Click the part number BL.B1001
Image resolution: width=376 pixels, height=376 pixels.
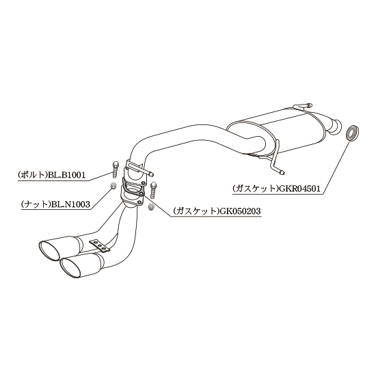point(67,175)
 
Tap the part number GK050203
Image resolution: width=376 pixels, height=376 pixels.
point(240,211)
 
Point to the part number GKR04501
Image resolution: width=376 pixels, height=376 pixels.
point(298,189)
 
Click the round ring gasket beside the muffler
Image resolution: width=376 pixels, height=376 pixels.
point(353,133)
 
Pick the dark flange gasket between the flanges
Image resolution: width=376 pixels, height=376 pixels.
point(133,187)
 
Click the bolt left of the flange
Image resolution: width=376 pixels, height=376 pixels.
point(115,170)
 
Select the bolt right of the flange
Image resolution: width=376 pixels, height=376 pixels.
point(153,190)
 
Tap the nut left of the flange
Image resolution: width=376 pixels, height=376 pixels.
point(113,186)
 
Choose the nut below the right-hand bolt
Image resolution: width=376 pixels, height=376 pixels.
point(151,206)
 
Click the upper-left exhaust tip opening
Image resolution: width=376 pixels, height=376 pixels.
point(49,251)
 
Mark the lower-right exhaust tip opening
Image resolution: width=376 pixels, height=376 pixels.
point(71,268)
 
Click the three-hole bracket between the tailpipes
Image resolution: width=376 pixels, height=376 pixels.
point(100,245)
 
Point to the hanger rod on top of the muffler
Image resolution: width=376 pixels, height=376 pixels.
point(303,106)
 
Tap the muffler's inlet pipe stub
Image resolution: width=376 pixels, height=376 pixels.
point(334,125)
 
